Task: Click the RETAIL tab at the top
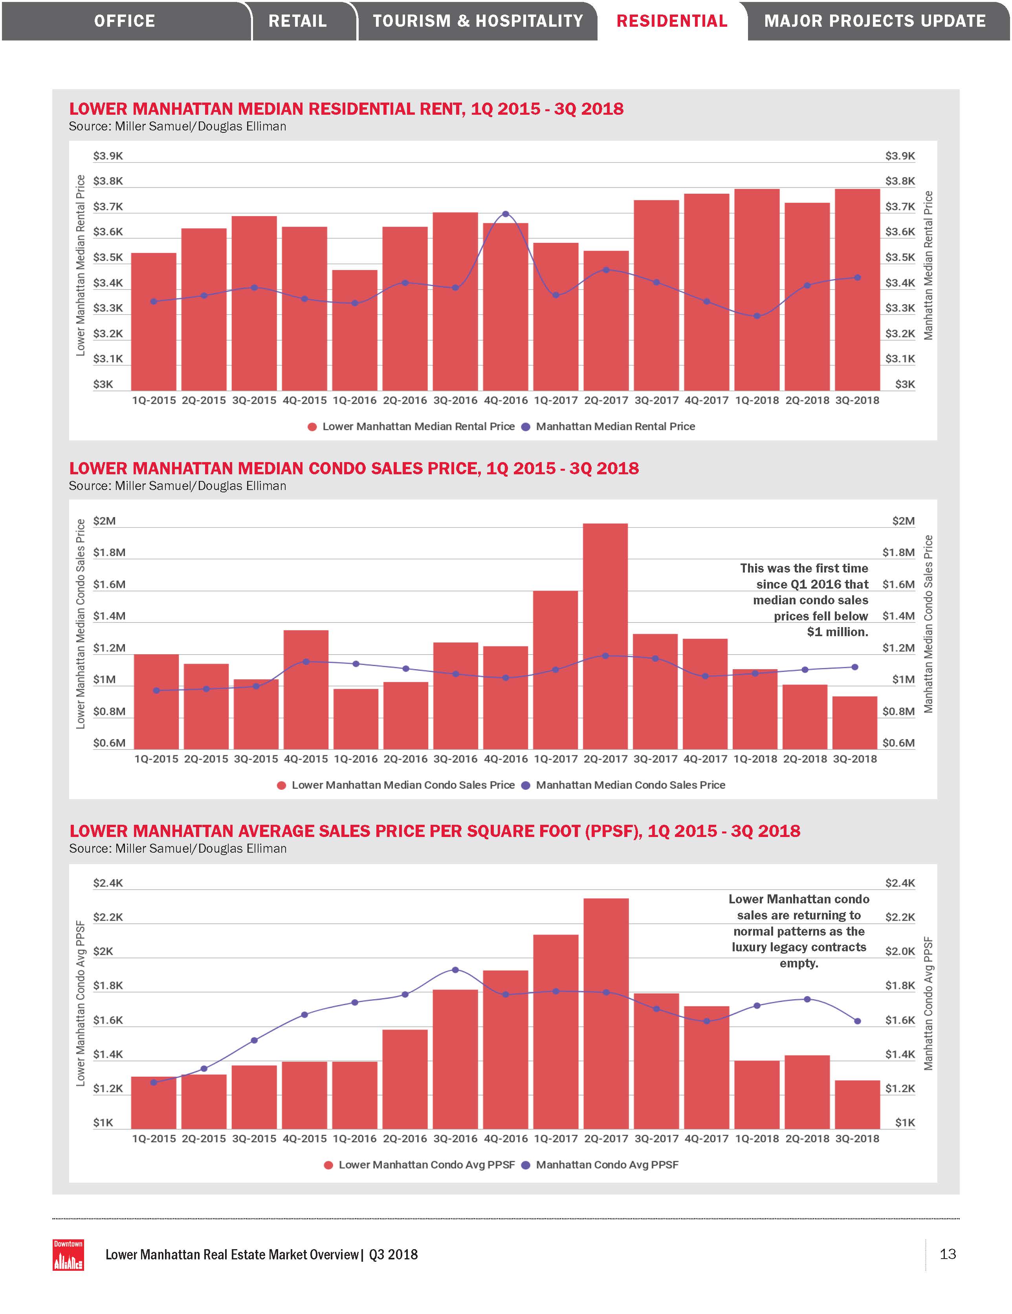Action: pos(297,21)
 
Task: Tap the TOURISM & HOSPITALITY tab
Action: pos(478,21)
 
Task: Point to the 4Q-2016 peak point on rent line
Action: pos(505,214)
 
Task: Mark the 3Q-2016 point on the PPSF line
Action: pos(455,970)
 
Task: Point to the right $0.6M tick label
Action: pos(898,743)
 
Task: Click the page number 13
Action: pos(948,1254)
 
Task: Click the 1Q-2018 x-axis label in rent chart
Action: pos(757,400)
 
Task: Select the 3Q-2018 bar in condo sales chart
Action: pos(855,722)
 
